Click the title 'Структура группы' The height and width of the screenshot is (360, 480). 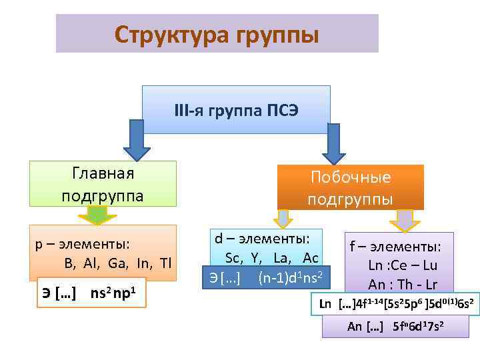click(x=217, y=33)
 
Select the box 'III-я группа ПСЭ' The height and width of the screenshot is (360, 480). click(x=236, y=109)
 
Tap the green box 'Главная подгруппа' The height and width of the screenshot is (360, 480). click(x=103, y=183)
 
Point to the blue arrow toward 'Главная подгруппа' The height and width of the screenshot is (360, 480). click(x=137, y=143)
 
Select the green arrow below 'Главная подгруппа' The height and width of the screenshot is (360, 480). click(x=97, y=215)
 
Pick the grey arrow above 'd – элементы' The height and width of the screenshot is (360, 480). click(x=284, y=218)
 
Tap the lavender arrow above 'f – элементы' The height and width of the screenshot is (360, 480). click(x=403, y=219)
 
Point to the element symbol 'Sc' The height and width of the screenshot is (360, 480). click(x=233, y=258)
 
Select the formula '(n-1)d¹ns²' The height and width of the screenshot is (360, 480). click(x=291, y=277)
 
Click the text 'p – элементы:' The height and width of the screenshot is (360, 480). click(x=82, y=244)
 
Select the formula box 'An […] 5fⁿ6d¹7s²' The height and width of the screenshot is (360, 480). click(x=395, y=326)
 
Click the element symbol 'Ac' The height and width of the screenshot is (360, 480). click(x=310, y=258)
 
